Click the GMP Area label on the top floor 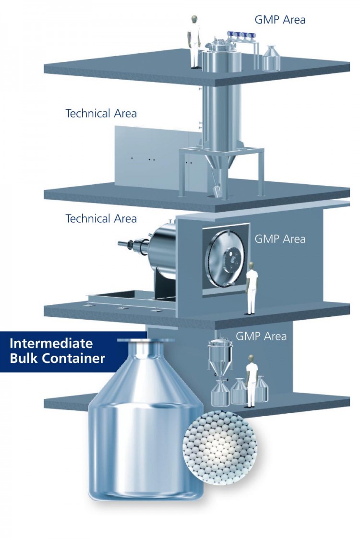pyautogui.click(x=280, y=20)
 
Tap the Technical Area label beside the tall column pyautogui.click(x=101, y=114)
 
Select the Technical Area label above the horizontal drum pyautogui.click(x=101, y=219)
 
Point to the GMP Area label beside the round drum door pyautogui.click(x=280, y=239)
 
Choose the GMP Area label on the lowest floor pyautogui.click(x=261, y=336)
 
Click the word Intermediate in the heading pyautogui.click(x=51, y=344)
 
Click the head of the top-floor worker pyautogui.click(x=194, y=20)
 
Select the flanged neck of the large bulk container pyautogui.click(x=142, y=350)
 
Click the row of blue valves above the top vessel pyautogui.click(x=240, y=34)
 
